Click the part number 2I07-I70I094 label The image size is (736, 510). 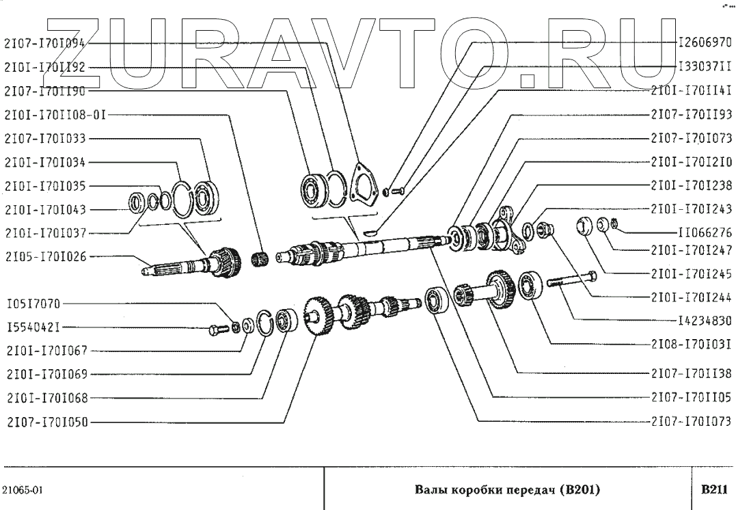click(45, 42)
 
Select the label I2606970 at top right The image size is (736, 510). click(704, 42)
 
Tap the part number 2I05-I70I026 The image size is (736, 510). click(45, 257)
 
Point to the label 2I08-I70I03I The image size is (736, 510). click(692, 343)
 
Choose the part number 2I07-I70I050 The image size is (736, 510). click(45, 421)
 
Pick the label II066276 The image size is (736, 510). click(704, 232)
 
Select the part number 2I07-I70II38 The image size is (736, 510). click(692, 373)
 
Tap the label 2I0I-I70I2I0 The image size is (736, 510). click(692, 162)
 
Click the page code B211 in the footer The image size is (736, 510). click(713, 489)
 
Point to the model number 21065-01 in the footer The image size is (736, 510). click(24, 490)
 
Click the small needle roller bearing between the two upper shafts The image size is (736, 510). click(259, 258)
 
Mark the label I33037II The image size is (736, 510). click(704, 66)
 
